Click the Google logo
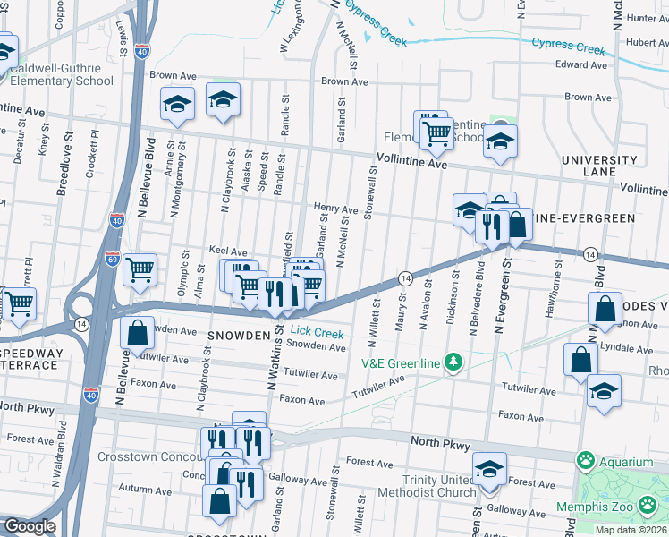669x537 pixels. pyautogui.click(x=29, y=526)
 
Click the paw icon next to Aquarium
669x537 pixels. pyautogui.click(x=586, y=461)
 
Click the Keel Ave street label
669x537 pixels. pyautogui.click(x=227, y=252)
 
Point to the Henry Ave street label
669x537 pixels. pyautogui.click(x=335, y=208)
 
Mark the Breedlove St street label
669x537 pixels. pyautogui.click(x=64, y=165)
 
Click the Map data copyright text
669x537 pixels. pyautogui.click(x=631, y=530)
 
